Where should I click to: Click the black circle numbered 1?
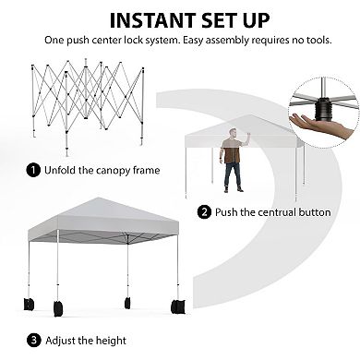click(x=33, y=170)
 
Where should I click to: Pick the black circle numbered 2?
click(x=204, y=212)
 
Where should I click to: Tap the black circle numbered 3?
click(x=34, y=341)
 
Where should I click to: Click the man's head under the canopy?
click(x=234, y=133)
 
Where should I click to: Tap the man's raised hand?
click(x=247, y=136)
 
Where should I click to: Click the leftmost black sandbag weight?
click(x=29, y=304)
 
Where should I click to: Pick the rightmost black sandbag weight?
click(x=178, y=306)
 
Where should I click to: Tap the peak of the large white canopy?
click(x=98, y=198)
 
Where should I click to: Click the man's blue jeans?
click(x=233, y=174)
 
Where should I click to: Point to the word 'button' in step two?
click(x=315, y=212)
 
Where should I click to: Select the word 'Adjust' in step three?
click(x=60, y=341)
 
